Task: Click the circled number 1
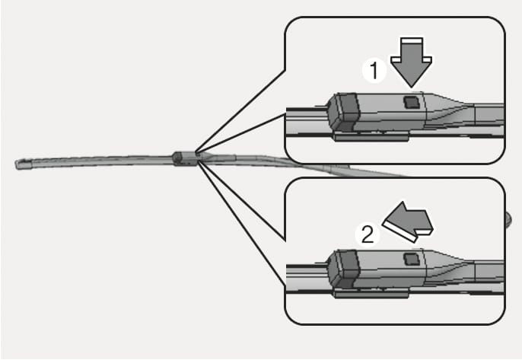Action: (373, 71)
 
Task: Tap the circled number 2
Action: (367, 234)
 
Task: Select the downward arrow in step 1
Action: (412, 62)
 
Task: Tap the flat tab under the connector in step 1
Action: (372, 136)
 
